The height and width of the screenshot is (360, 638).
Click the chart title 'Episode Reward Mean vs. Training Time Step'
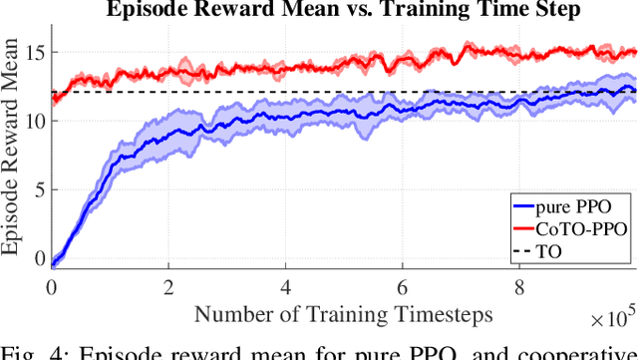(345, 12)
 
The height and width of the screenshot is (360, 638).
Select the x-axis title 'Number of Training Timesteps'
(344, 314)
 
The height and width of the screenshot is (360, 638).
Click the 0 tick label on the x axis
(52, 286)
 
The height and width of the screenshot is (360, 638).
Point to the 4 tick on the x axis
(286, 286)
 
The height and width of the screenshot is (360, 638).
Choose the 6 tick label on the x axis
(403, 286)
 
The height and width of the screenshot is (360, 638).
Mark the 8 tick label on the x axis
(520, 286)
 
